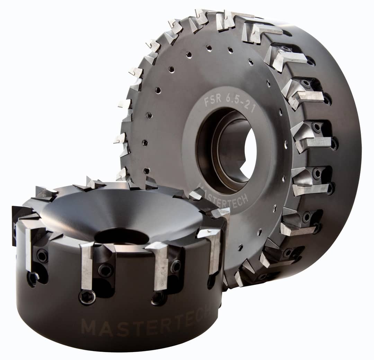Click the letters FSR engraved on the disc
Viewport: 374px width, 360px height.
(212, 102)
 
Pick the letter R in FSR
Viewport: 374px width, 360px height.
(218, 101)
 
